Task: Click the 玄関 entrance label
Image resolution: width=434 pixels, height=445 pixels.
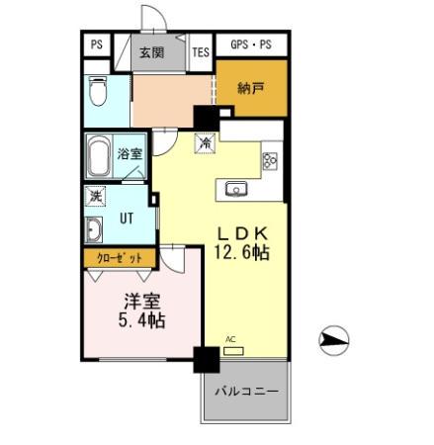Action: [151, 53]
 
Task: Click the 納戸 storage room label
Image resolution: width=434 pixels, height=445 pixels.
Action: [252, 88]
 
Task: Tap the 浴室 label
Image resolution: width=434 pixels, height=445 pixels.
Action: [130, 154]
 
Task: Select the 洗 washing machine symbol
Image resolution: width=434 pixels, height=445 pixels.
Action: [96, 197]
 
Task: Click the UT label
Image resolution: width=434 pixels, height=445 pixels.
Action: [129, 219]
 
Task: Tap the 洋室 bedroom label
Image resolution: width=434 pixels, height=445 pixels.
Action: [142, 301]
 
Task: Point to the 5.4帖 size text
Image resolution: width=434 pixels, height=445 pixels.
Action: [142, 320]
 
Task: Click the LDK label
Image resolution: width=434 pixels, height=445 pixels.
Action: [242, 233]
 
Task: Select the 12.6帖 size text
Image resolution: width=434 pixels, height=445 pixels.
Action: [242, 253]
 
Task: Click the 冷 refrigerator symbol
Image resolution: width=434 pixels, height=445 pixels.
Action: [206, 143]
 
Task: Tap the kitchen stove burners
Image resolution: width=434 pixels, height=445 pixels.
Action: [270, 158]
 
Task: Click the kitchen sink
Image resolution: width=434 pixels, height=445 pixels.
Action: [237, 188]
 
